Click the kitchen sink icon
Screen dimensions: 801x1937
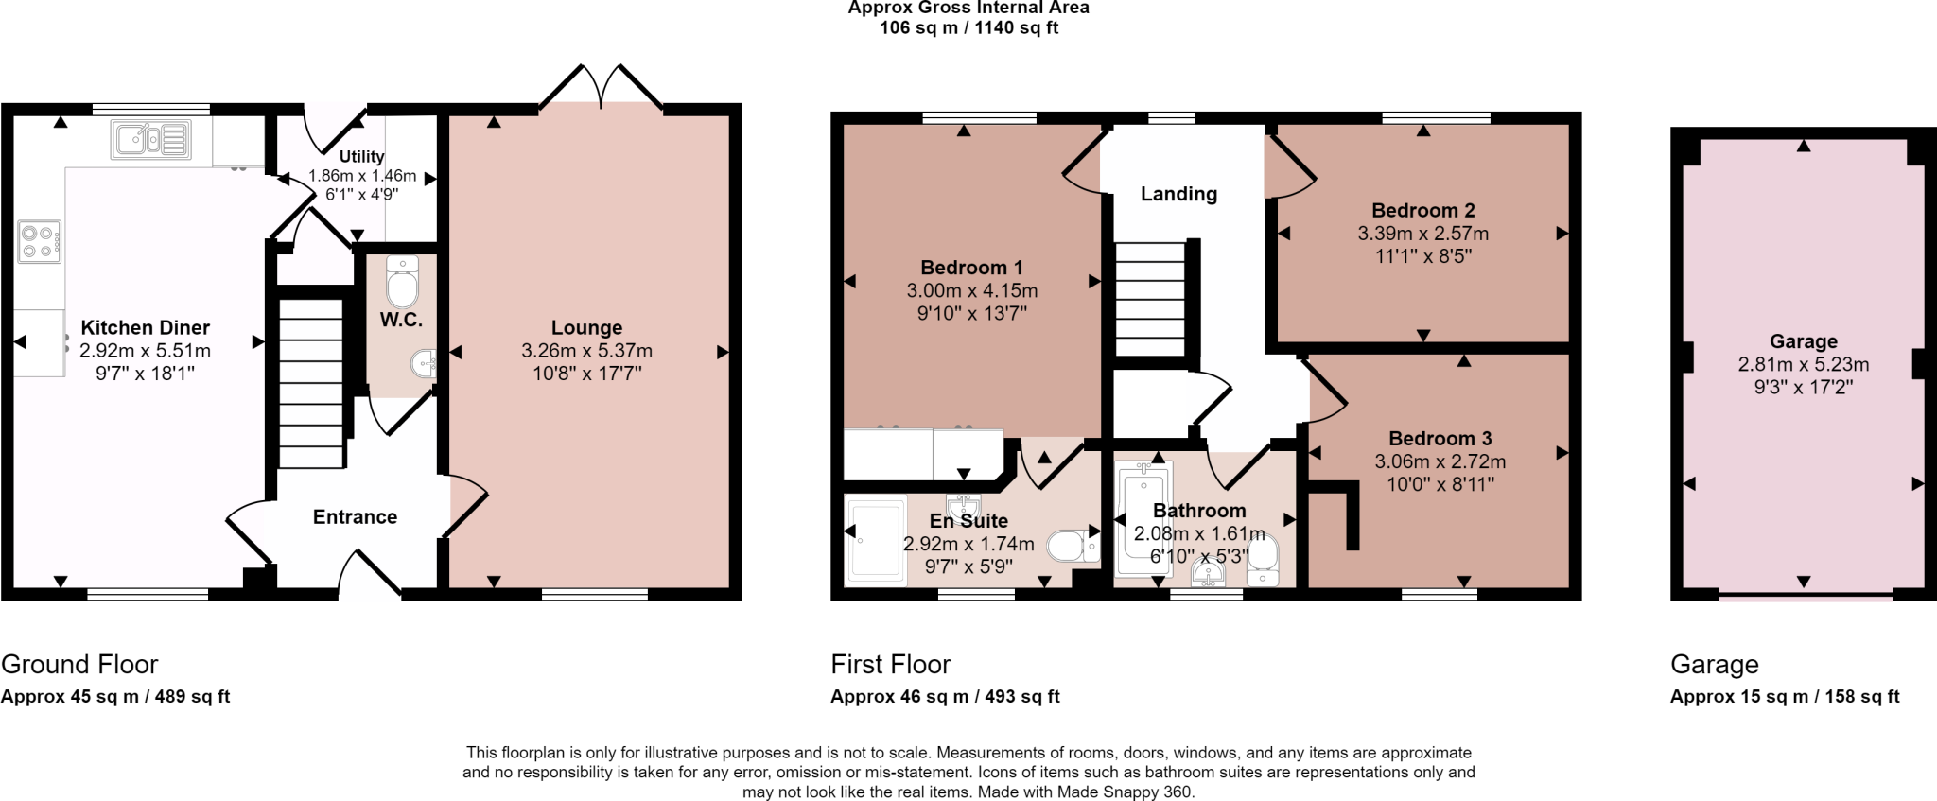(151, 139)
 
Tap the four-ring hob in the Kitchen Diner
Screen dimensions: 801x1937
(39, 241)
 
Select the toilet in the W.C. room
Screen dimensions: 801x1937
(402, 284)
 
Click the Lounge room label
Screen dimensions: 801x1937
(586, 328)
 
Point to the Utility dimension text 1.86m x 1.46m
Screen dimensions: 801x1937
(362, 176)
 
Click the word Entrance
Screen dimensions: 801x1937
(355, 517)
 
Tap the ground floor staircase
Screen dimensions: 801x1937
(310, 383)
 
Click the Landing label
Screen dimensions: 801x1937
(1178, 194)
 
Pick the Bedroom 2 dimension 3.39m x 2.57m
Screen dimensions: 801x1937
(1422, 234)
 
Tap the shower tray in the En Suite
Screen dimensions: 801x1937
(876, 539)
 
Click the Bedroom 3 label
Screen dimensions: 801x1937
(1440, 439)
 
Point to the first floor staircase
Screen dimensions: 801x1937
(1150, 298)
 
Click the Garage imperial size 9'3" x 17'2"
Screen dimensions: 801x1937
(1803, 387)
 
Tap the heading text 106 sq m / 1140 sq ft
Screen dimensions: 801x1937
(968, 28)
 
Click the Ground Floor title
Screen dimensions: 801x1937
(79, 664)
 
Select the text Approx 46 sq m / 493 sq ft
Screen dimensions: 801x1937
(945, 697)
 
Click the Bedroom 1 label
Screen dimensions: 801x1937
(971, 268)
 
